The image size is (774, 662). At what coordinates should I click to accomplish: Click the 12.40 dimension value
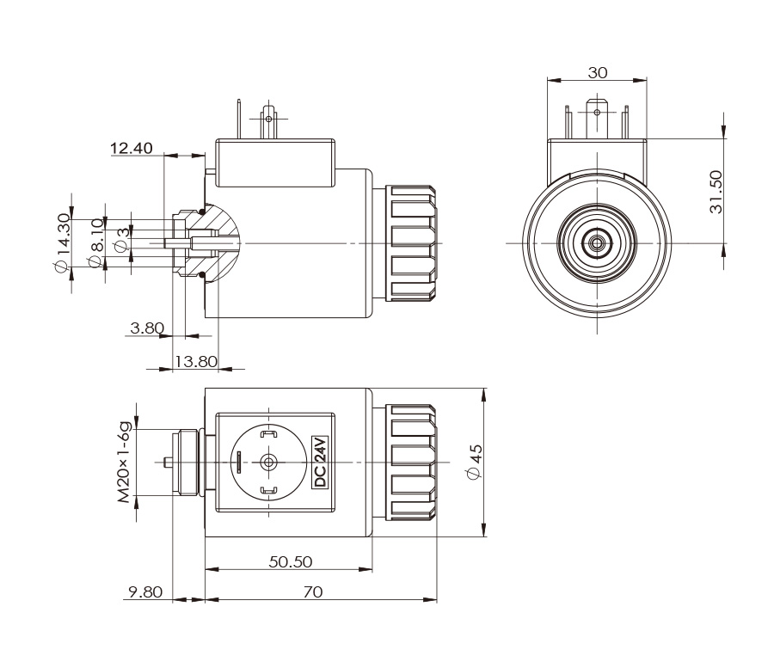tap(132, 149)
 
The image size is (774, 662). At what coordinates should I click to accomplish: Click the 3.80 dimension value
tap(146, 328)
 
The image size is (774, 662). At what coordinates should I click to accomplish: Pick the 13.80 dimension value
tap(196, 361)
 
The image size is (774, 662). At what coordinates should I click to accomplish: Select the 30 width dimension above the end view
tap(598, 73)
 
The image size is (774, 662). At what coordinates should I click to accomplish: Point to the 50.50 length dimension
tap(290, 561)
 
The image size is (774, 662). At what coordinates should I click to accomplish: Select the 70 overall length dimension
tap(312, 592)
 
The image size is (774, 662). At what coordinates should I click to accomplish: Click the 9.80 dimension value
tap(144, 592)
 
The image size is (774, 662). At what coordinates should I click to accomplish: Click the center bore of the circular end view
tap(597, 243)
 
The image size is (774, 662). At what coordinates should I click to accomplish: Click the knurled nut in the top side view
tap(410, 242)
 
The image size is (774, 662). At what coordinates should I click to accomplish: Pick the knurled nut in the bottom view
tap(412, 462)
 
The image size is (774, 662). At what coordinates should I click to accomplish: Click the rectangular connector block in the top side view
tap(276, 164)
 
